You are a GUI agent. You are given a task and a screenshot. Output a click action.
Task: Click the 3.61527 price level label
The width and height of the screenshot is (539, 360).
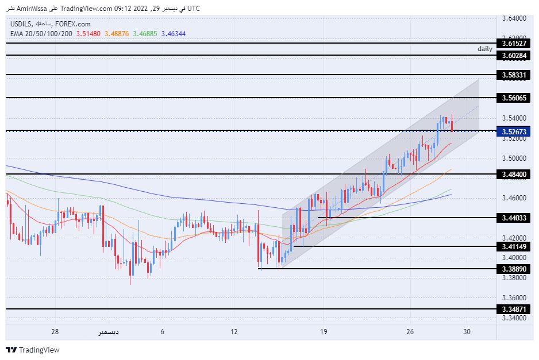tap(514, 44)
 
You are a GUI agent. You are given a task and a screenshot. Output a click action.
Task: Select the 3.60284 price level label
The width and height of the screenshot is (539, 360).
tap(514, 56)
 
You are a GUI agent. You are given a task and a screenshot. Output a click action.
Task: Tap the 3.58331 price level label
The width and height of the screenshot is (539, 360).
tap(514, 75)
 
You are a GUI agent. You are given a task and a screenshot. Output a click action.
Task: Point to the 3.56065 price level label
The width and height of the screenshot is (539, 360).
tap(514, 98)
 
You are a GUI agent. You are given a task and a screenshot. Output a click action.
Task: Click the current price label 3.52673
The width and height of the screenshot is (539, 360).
tap(514, 131)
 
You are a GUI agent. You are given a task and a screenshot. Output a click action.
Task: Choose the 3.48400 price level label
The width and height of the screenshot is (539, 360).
tap(514, 174)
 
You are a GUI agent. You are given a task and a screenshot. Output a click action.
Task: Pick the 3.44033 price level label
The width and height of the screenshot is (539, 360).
tap(514, 218)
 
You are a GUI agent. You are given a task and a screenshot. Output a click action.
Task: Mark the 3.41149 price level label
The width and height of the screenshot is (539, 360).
tap(514, 246)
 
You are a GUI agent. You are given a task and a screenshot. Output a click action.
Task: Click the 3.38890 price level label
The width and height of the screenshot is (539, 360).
tap(514, 269)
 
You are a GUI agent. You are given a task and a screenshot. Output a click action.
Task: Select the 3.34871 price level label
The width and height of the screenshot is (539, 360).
tap(514, 309)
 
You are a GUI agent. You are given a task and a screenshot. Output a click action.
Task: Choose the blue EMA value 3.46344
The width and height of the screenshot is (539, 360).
tap(173, 33)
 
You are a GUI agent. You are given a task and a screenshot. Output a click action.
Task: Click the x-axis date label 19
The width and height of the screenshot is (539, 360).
tap(325, 332)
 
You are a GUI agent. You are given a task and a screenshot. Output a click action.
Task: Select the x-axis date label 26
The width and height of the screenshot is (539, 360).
tap(410, 332)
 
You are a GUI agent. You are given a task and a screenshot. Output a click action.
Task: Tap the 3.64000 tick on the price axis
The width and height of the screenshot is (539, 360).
tap(514, 18)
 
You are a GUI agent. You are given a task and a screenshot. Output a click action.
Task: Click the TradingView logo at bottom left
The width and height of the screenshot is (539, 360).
tap(33, 350)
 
